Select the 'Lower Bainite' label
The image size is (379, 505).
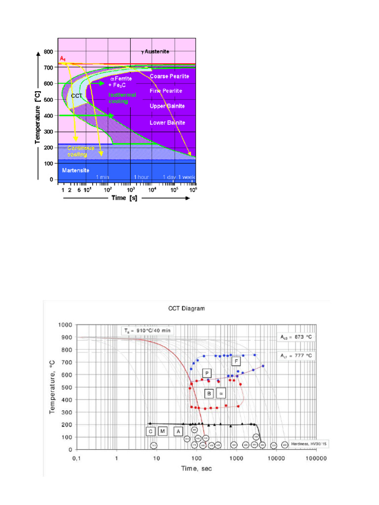pyautogui.click(x=167, y=122)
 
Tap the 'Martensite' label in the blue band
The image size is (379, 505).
pyautogui.click(x=75, y=170)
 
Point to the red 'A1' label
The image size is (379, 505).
pyautogui.click(x=63, y=59)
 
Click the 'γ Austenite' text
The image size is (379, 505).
pyautogui.click(x=158, y=51)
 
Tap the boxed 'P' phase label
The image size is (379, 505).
pyautogui.click(x=207, y=373)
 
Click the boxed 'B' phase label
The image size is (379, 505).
pyautogui.click(x=209, y=394)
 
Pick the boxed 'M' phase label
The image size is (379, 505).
pyautogui.click(x=162, y=432)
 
